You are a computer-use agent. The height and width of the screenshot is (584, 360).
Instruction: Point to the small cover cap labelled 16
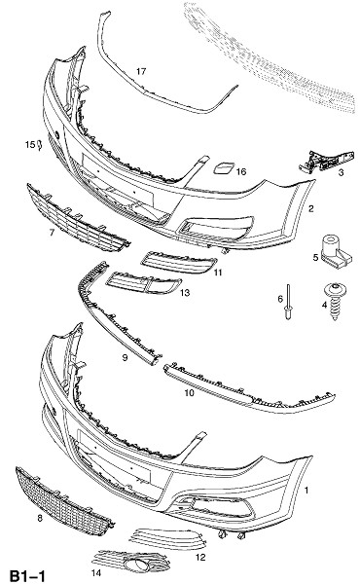click(x=224, y=168)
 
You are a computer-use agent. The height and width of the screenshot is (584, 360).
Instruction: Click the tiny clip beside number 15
click(x=40, y=144)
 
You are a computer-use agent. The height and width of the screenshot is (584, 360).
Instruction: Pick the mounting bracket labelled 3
click(x=327, y=161)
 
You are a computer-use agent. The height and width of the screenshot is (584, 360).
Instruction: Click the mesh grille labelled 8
click(x=63, y=500)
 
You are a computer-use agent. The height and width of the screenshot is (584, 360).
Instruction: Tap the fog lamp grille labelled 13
click(x=143, y=283)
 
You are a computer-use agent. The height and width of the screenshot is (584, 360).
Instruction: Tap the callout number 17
click(x=141, y=71)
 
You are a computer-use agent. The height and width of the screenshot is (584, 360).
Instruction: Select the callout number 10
click(x=190, y=392)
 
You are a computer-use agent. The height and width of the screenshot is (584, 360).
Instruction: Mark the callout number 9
click(x=125, y=357)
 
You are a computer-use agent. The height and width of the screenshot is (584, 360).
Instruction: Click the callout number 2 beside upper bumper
click(x=310, y=208)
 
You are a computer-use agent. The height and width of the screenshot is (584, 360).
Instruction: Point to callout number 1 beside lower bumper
click(x=306, y=491)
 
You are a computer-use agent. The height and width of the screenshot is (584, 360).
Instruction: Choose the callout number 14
click(x=96, y=573)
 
